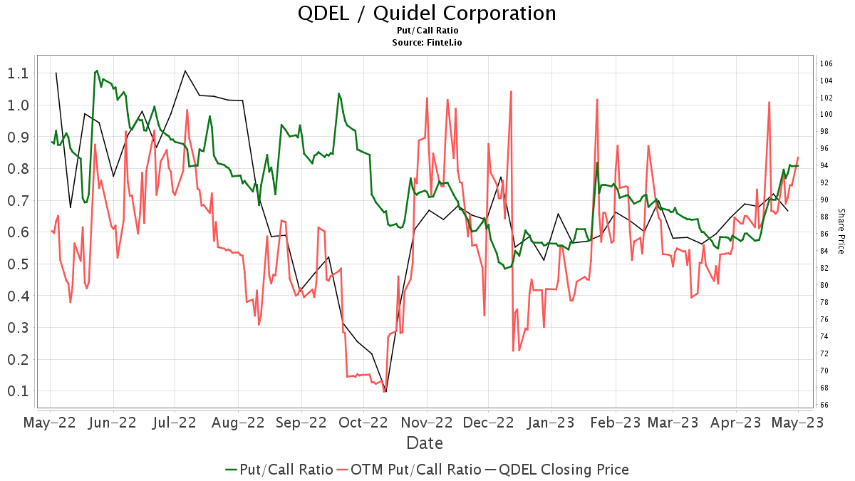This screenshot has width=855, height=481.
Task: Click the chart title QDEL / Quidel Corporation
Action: click(427, 13)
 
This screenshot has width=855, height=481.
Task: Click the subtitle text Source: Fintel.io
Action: click(427, 43)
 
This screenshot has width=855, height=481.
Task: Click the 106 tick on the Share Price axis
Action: click(826, 63)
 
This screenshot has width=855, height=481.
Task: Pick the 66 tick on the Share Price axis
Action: click(824, 405)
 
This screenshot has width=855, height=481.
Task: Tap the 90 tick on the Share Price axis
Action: click(824, 200)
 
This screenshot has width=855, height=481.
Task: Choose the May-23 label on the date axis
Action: click(798, 422)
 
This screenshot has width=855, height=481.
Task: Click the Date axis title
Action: click(425, 443)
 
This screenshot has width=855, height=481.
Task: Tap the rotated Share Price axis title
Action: click(841, 231)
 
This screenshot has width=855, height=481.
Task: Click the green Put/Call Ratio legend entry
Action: click(279, 470)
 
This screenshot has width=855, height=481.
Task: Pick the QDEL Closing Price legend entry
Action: click(556, 470)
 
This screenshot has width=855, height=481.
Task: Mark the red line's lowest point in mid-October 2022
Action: click(384, 391)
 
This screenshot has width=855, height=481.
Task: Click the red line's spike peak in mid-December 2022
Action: click(511, 91)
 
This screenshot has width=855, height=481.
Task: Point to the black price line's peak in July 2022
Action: click(185, 71)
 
